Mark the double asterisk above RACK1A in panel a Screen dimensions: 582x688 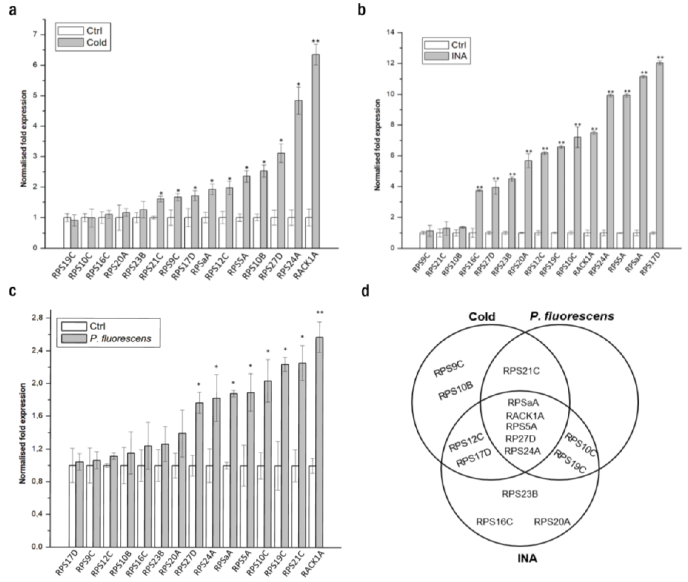(316, 41)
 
